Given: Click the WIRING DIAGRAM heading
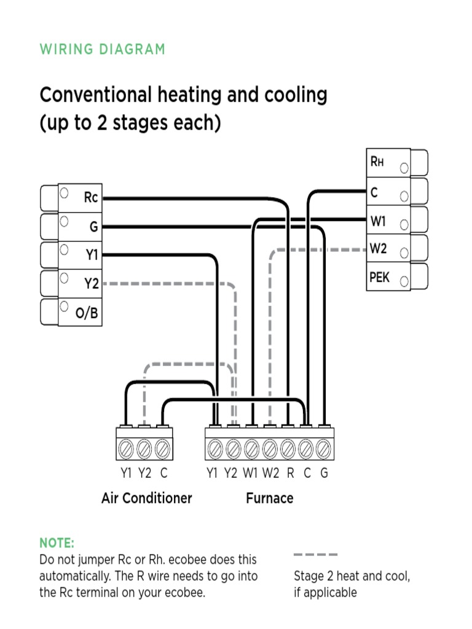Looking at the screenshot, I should [x=103, y=50].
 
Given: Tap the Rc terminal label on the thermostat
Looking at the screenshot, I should [x=91, y=198].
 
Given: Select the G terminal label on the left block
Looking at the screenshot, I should [x=93, y=227].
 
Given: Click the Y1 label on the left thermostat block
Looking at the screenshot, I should [x=91, y=255].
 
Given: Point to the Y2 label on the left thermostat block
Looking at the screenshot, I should [x=91, y=284].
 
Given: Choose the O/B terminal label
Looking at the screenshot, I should [x=87, y=313].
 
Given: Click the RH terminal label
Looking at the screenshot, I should [x=377, y=162].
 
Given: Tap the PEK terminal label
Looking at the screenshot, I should [x=379, y=278].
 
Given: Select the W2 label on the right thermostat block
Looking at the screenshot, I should [x=378, y=249].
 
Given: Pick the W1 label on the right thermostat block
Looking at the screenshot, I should [x=378, y=220].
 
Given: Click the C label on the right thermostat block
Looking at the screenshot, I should [x=374, y=192].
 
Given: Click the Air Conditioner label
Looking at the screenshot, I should [x=146, y=498].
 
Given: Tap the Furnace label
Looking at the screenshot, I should [x=269, y=498].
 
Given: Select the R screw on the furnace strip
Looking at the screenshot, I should [x=288, y=449].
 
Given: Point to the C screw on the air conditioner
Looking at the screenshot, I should [x=162, y=449].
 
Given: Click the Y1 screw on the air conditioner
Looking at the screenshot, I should [x=126, y=449].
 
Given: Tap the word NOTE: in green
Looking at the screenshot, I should [x=57, y=543].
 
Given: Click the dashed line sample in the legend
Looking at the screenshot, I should [x=315, y=554].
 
